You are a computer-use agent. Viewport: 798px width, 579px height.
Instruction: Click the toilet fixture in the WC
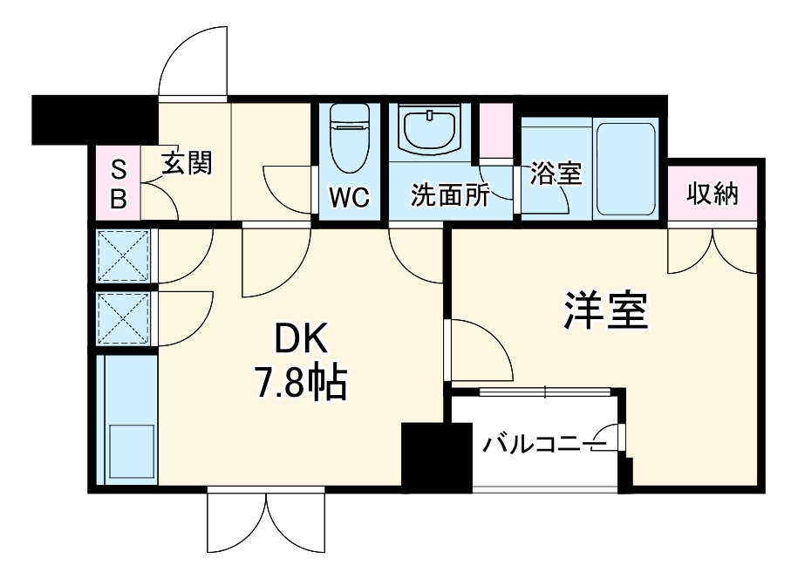pyautogui.click(x=350, y=140)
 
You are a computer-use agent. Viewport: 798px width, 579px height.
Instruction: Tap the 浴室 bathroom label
pyautogui.click(x=556, y=174)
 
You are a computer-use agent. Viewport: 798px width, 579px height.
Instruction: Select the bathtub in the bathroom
pyautogui.click(x=624, y=170)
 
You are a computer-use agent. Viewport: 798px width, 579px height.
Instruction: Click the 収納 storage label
pyautogui.click(x=712, y=194)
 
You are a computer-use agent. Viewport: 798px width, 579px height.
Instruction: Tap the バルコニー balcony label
pyautogui.click(x=531, y=445)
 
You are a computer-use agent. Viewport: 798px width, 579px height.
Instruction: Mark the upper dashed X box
pyautogui.click(x=124, y=255)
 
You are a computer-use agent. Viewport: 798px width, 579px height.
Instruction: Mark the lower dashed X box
pyautogui.click(x=124, y=318)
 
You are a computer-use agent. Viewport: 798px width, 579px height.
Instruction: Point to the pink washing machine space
pyautogui.click(x=496, y=131)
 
